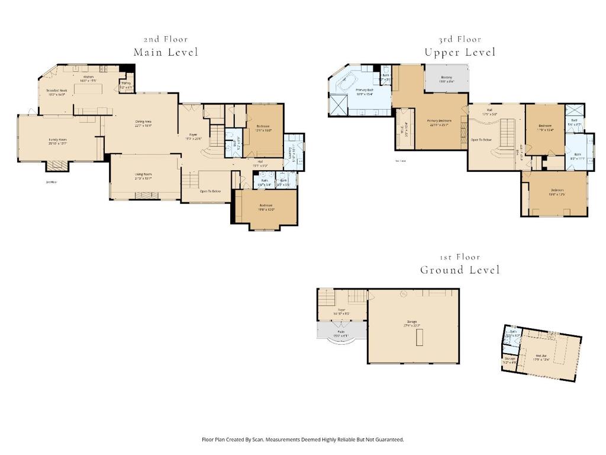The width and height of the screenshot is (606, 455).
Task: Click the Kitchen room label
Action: (88, 79)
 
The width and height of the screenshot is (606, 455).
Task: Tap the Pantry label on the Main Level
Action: (126, 85)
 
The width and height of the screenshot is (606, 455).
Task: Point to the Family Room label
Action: (57, 141)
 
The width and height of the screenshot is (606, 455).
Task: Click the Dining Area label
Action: (144, 123)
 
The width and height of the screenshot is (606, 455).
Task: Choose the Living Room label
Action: (143, 176)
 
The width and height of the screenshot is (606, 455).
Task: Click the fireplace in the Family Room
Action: (58, 166)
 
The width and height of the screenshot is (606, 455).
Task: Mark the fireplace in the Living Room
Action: (146, 196)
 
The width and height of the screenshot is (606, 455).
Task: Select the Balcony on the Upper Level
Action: (447, 79)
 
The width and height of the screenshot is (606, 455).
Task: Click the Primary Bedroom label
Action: (438, 123)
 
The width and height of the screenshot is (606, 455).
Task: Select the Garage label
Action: (412, 323)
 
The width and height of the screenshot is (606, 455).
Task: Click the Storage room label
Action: (510, 360)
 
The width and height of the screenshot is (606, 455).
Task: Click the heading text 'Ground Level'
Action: (460, 270)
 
